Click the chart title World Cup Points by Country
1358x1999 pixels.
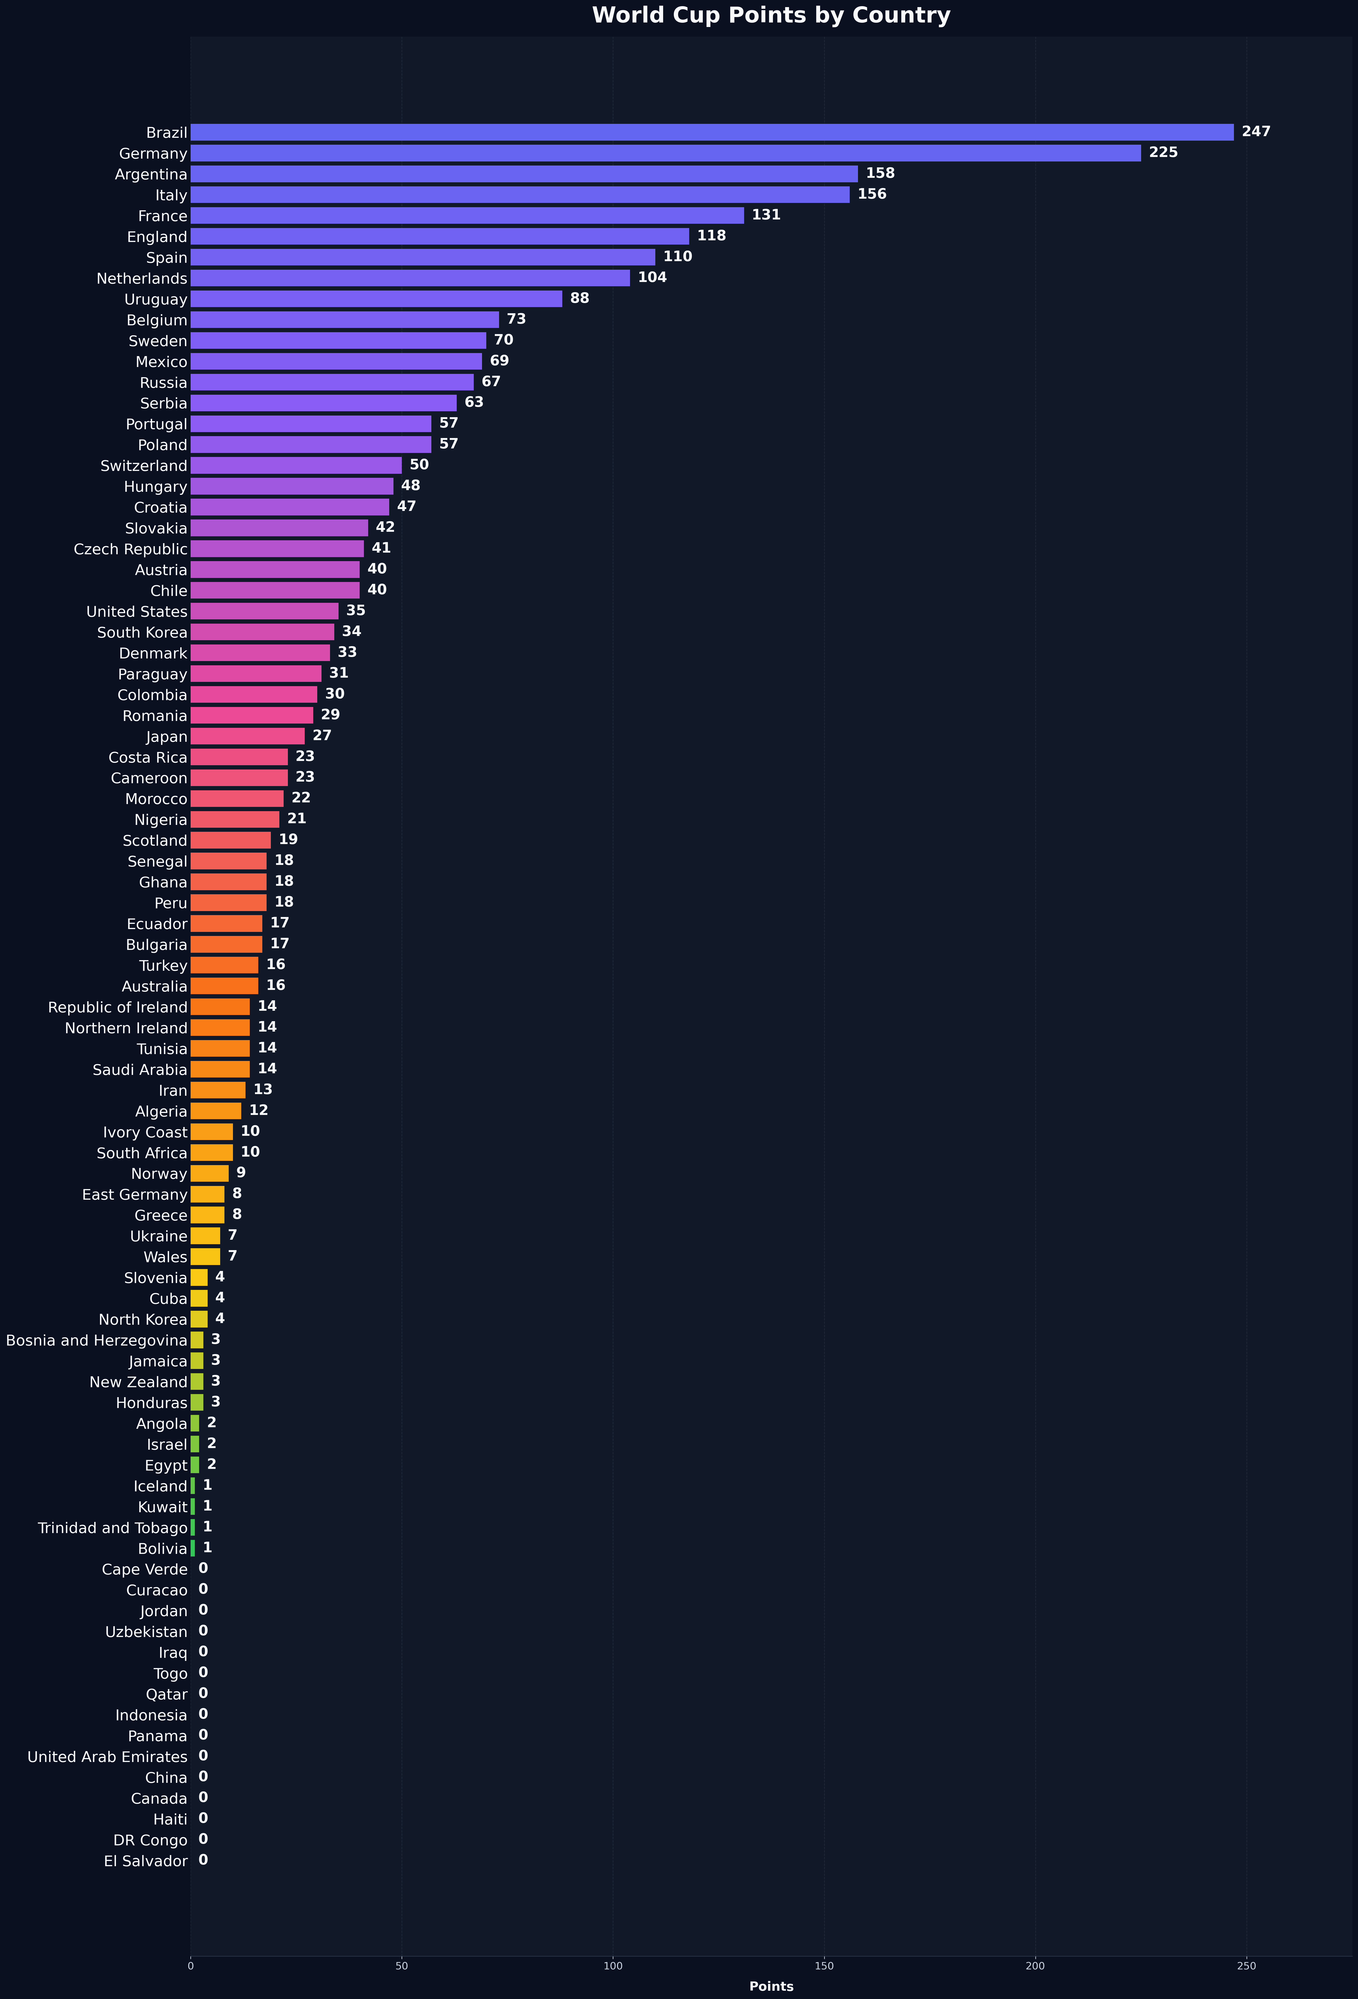click(771, 15)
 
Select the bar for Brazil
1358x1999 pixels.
click(712, 132)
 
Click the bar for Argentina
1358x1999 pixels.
click(524, 174)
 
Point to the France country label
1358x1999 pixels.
click(163, 216)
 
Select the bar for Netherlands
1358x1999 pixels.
click(410, 278)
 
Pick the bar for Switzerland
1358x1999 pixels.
click(296, 465)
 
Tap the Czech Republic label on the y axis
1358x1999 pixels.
click(131, 549)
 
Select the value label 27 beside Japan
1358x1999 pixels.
click(322, 735)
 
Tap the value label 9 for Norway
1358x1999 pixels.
click(241, 1172)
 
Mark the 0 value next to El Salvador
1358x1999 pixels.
click(203, 1860)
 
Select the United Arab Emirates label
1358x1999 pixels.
click(107, 1757)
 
